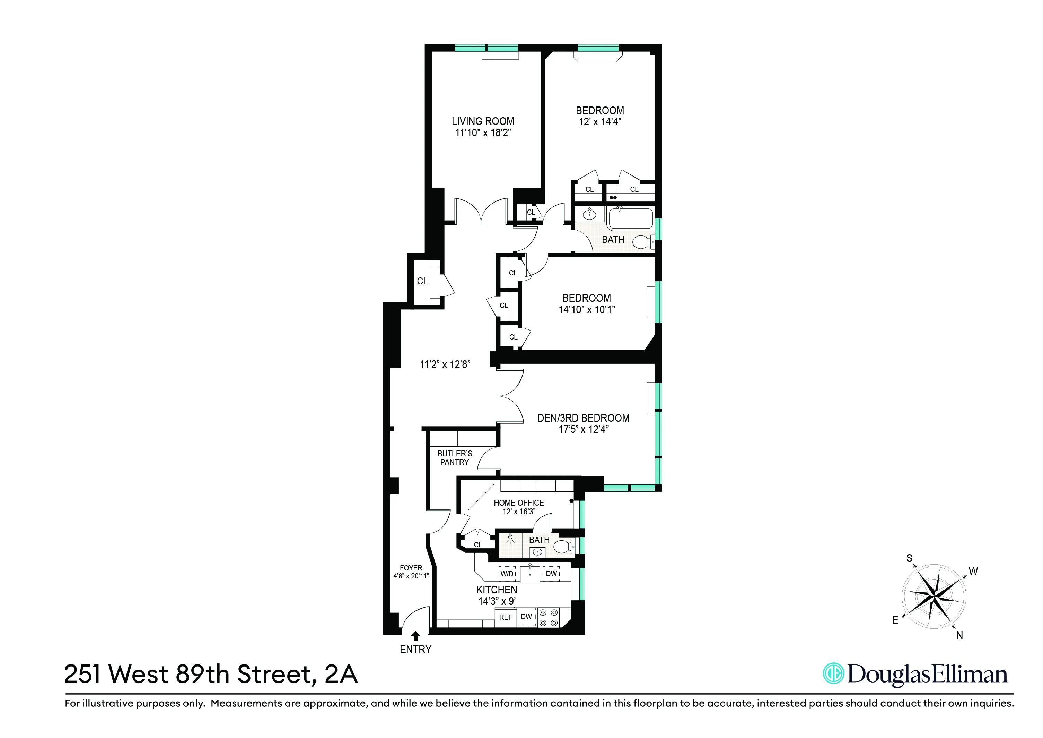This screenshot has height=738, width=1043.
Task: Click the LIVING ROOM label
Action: coord(483,121)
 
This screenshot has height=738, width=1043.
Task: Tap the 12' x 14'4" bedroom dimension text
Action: coord(599,122)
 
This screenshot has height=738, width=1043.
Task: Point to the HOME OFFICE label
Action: coord(519,503)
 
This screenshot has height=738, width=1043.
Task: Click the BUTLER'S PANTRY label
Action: coord(455,458)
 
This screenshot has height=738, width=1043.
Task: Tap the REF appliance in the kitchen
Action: coord(506,617)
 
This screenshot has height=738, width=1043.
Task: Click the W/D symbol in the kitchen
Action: coord(507,574)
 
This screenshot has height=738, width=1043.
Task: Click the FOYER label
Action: coord(411,568)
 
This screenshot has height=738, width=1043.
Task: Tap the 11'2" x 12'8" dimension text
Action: coord(445,364)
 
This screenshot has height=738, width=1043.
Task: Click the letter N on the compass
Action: coord(959,635)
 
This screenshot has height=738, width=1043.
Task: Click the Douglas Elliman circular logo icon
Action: coord(834,674)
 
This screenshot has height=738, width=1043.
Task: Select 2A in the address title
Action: coord(341,674)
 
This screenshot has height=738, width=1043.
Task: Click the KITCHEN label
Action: coord(497,590)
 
